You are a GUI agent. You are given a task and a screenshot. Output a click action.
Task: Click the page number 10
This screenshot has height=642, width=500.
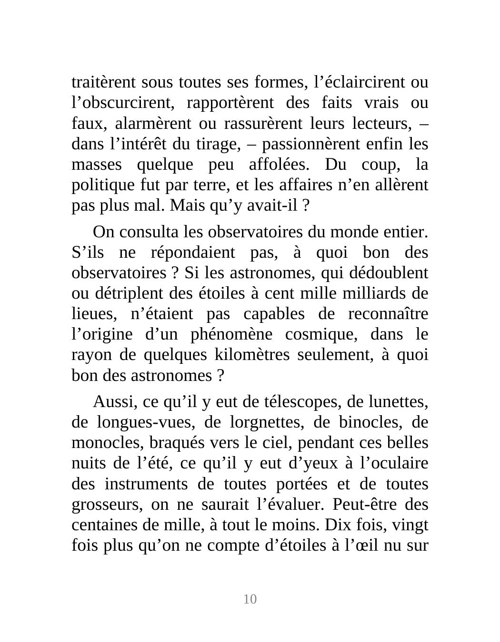250,599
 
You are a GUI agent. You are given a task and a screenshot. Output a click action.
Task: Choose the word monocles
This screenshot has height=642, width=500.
108,443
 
